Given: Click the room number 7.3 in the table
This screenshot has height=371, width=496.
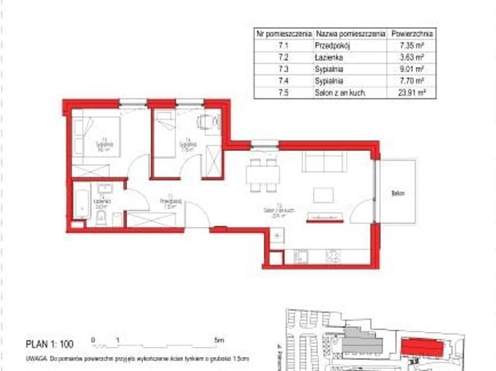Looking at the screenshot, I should point(283,68).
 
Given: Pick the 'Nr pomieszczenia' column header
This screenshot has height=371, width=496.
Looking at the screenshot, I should point(284,34).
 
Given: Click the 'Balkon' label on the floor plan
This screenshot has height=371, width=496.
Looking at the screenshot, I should point(398,193).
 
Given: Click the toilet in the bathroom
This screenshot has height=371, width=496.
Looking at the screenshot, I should point(101,220).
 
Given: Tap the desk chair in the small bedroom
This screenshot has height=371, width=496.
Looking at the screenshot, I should point(203,121).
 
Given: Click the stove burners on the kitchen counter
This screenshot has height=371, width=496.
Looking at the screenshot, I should point(332,254).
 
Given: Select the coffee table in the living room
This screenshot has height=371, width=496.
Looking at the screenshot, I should point(324,194).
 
